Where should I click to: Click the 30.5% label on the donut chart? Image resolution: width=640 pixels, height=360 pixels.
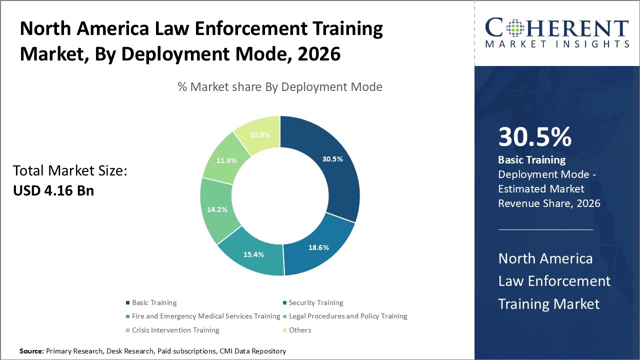click(332, 159)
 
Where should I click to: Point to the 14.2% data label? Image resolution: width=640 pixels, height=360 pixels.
click(217, 209)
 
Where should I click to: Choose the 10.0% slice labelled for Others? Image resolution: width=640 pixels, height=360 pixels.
click(260, 134)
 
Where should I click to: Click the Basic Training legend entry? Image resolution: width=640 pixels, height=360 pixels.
click(154, 302)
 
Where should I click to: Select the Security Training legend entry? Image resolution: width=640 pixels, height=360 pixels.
click(315, 302)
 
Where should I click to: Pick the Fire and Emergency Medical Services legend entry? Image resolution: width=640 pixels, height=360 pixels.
click(205, 316)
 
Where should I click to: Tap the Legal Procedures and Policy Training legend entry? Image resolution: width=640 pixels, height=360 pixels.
click(347, 316)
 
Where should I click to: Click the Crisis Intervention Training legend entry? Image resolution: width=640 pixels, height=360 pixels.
click(175, 330)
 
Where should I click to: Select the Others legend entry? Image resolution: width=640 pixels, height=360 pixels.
click(299, 330)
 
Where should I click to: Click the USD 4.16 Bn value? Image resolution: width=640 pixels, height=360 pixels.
click(53, 190)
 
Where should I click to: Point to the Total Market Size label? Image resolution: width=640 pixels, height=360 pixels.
click(70, 171)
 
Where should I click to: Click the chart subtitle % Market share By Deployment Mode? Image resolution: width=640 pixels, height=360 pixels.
click(280, 87)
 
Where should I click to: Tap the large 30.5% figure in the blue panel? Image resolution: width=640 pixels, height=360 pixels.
click(534, 137)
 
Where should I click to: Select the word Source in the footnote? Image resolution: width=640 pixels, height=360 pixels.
click(31, 351)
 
